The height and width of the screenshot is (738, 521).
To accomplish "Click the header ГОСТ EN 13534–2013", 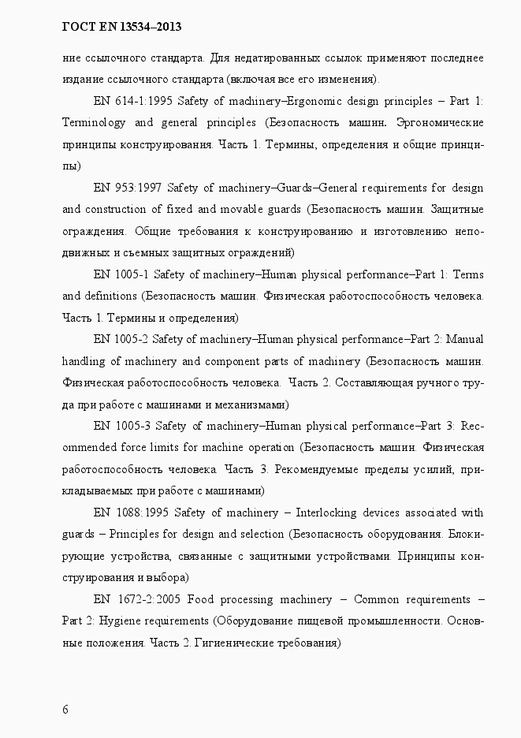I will pyautogui.click(x=121, y=27).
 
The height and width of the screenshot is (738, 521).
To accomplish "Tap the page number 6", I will pyautogui.click(x=65, y=710).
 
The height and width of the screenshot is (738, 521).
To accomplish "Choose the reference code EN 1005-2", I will pyautogui.click(x=120, y=339).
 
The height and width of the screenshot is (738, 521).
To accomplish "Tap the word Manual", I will pyautogui.click(x=466, y=339).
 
